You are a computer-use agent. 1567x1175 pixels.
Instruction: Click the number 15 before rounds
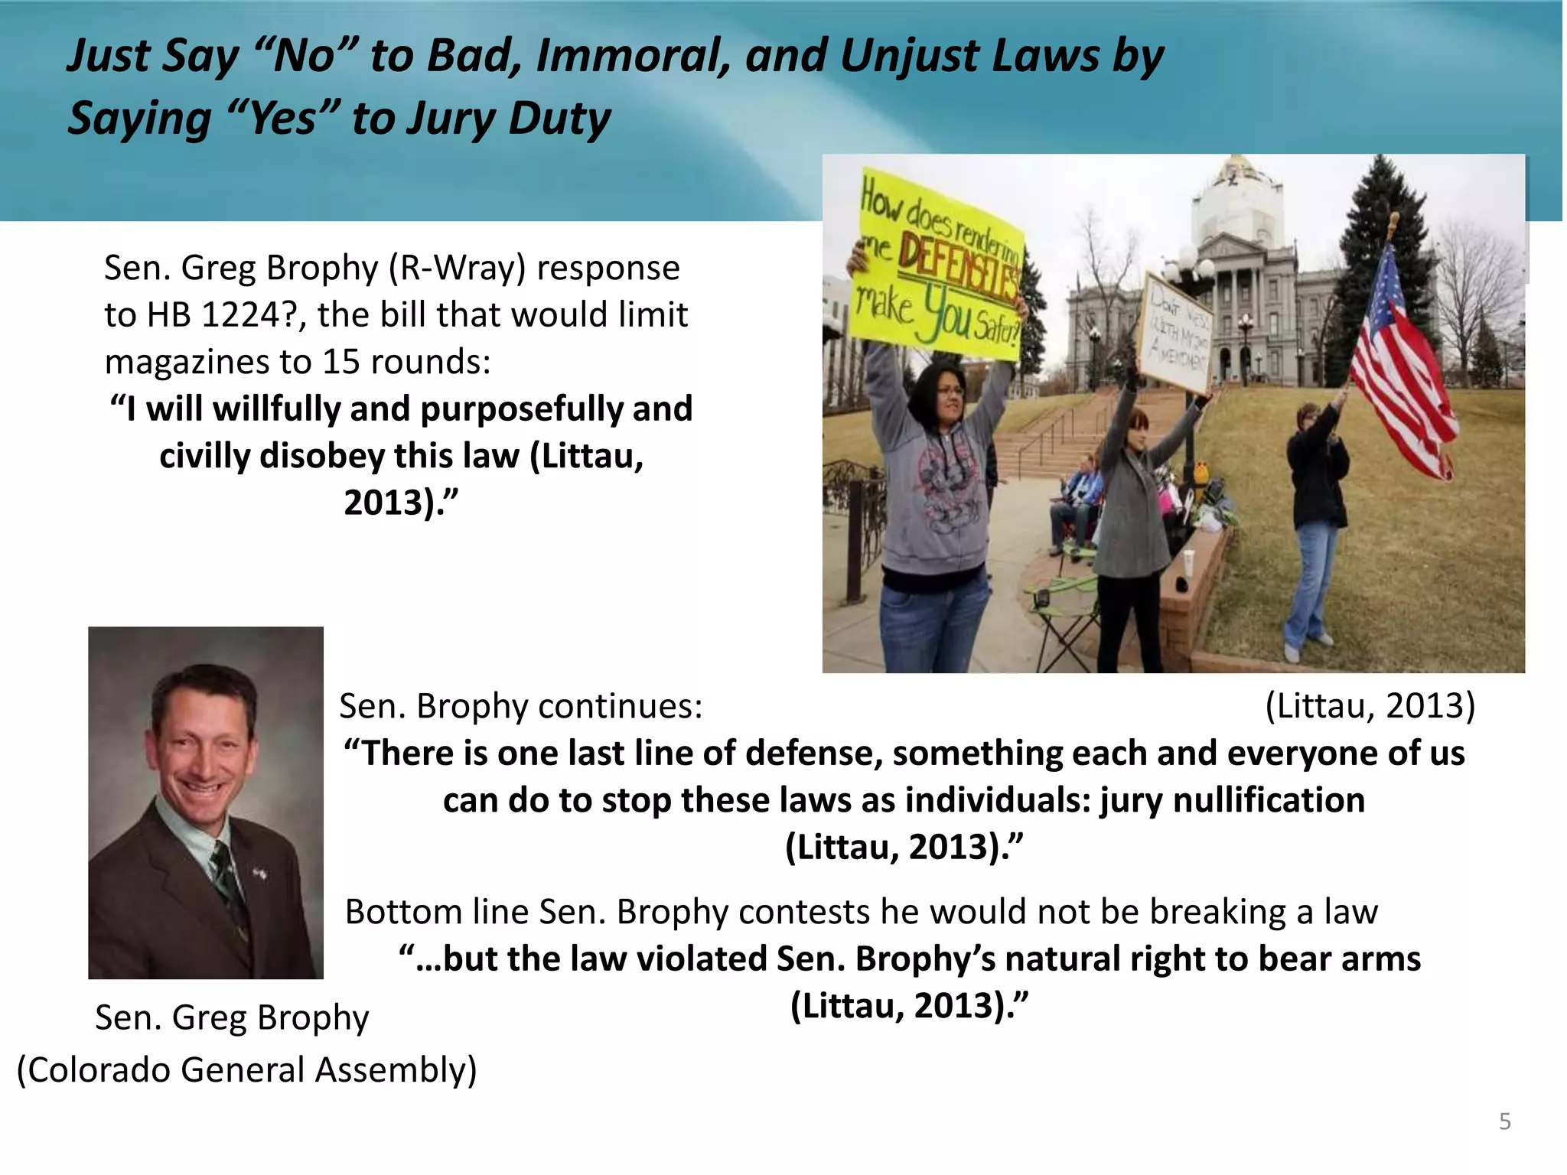point(340,362)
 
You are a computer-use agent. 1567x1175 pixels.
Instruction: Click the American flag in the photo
point(1400,367)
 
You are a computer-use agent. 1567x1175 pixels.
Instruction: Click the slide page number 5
point(1504,1121)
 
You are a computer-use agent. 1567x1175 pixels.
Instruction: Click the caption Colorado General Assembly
point(246,1069)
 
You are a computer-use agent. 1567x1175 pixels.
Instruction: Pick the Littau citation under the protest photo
point(1370,705)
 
